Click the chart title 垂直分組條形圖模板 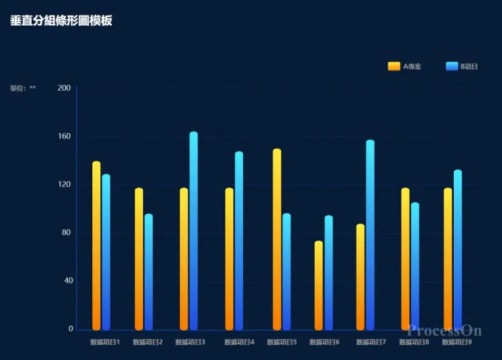click(61, 21)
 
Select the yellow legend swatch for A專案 click(394, 66)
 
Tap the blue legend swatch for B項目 click(452, 66)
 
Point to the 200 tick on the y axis click(64, 88)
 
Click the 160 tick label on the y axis click(64, 136)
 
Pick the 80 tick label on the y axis click(64, 233)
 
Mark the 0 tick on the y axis click(71, 329)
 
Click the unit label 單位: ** click(23, 88)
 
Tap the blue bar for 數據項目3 click(193, 231)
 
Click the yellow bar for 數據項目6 click(319, 285)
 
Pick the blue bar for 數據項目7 click(370, 235)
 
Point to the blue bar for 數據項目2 click(149, 272)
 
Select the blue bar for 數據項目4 click(239, 241)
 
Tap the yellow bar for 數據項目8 click(405, 258)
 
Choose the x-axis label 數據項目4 click(239, 342)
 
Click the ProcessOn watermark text click(444, 331)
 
